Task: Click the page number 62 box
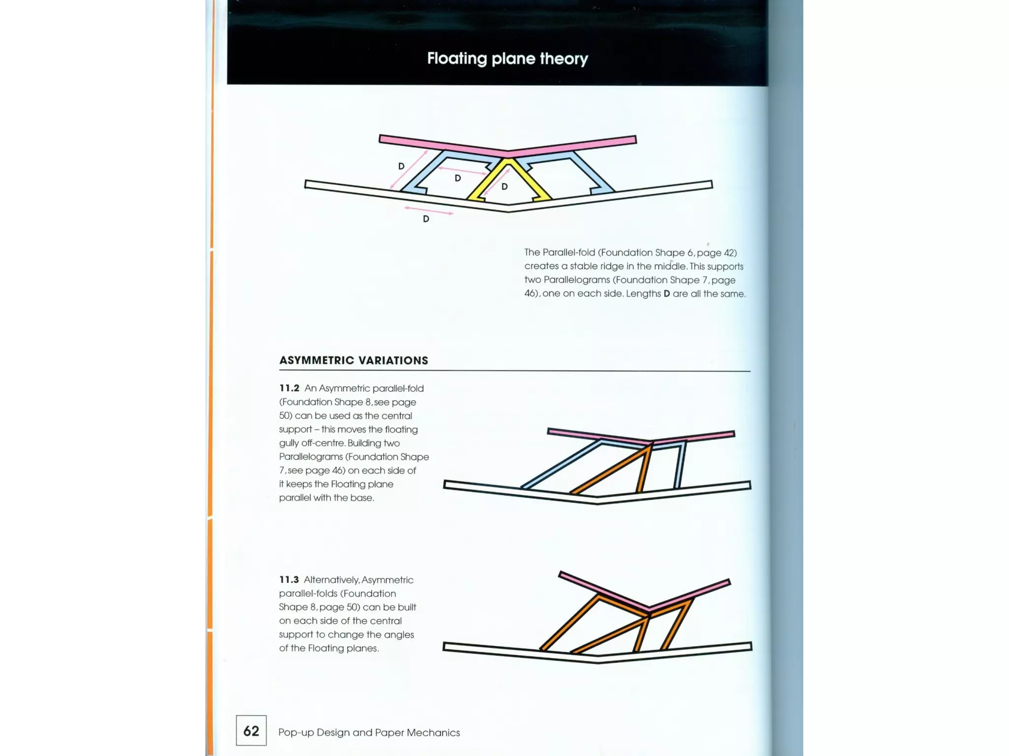click(251, 730)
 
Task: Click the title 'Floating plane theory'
click(507, 59)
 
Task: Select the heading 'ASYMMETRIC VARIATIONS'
click(354, 360)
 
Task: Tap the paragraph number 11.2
click(289, 388)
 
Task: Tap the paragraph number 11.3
click(289, 580)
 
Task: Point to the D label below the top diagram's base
click(426, 219)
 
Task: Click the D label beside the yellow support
click(504, 187)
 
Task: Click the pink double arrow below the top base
click(429, 211)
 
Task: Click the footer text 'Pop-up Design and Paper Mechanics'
click(369, 732)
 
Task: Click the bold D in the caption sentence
click(667, 294)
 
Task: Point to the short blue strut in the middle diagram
click(680, 465)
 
